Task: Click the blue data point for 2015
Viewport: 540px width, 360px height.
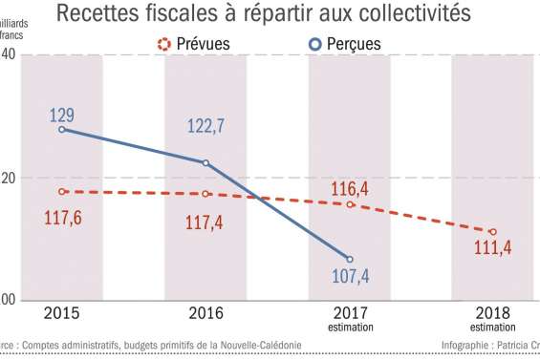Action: (x=62, y=129)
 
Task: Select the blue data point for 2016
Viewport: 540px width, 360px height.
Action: (x=205, y=162)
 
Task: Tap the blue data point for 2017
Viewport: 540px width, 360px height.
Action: (x=350, y=259)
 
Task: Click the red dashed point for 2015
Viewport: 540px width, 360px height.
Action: (x=62, y=191)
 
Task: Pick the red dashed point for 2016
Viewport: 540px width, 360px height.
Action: (x=205, y=194)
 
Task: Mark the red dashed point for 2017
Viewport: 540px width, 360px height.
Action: (x=350, y=204)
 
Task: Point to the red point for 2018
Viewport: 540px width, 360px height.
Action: (x=493, y=232)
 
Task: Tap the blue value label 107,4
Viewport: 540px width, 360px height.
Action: (x=350, y=279)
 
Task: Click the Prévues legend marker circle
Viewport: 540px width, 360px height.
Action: (x=163, y=44)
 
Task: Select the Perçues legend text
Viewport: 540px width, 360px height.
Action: (x=353, y=44)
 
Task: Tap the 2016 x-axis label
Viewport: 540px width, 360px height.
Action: (x=206, y=313)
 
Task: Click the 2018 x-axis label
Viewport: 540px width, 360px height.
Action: (x=493, y=313)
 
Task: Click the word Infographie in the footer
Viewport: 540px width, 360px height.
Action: (x=467, y=346)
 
